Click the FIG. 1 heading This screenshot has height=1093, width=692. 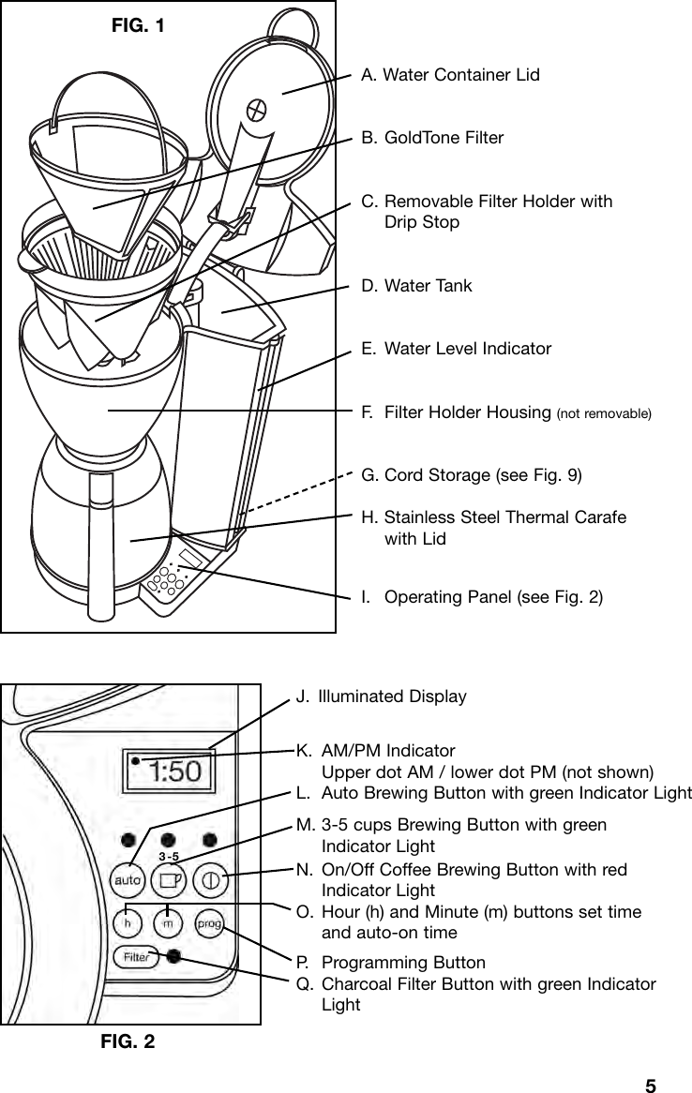138,25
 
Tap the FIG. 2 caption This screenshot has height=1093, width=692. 128,1041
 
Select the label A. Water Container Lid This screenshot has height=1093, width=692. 450,74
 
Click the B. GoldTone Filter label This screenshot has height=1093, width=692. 432,138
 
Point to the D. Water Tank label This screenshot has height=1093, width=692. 416,285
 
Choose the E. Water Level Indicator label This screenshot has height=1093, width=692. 456,349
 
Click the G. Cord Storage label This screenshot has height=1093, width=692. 472,475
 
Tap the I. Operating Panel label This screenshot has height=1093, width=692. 482,597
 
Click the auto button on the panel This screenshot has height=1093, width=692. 128,880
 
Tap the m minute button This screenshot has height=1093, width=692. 168,923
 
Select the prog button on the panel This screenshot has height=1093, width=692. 209,923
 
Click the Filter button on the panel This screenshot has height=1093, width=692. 135,957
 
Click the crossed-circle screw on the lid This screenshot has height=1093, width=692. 255,110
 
